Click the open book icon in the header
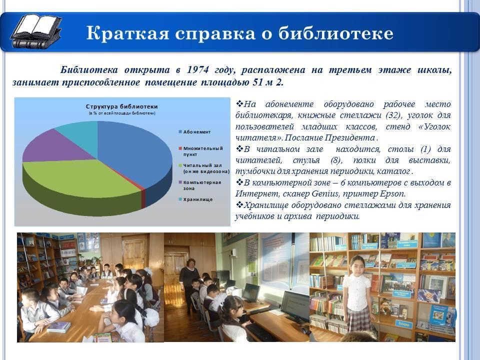(x=35, y=31)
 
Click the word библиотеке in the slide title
(x=335, y=33)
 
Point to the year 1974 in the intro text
(x=198, y=70)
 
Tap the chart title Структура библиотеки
(x=121, y=106)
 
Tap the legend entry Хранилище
(x=195, y=199)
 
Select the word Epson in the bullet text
(x=392, y=194)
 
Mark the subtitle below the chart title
(x=122, y=113)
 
